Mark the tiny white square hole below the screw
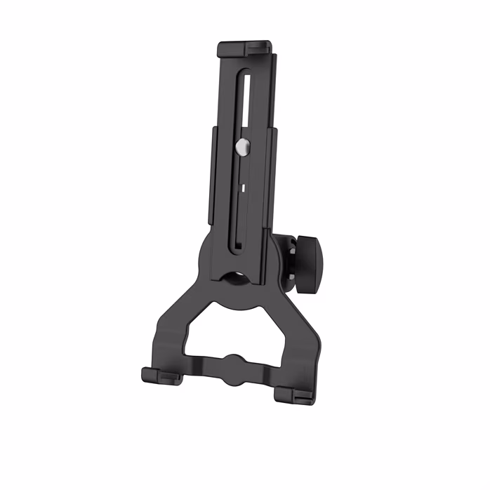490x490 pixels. (241, 188)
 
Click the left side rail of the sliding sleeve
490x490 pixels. (211, 176)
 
